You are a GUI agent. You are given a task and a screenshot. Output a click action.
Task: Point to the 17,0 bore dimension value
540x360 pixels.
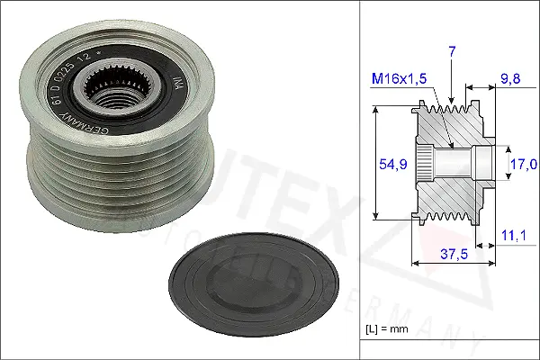tap(523, 164)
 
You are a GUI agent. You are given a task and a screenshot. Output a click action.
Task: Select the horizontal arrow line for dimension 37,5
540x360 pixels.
tap(453, 264)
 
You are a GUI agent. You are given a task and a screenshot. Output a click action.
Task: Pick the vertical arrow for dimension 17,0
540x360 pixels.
tap(502, 164)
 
